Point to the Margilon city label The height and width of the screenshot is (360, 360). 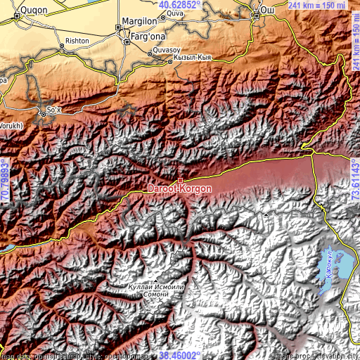point(140,22)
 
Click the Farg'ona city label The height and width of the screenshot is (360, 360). point(148,37)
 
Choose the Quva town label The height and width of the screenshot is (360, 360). point(175,13)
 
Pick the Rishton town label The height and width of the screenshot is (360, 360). point(77,41)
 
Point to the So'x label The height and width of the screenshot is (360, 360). point(53,110)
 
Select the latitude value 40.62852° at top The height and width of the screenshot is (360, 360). point(180,4)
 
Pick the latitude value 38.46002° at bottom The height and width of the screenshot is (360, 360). point(181,355)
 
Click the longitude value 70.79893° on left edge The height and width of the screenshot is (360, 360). point(5,180)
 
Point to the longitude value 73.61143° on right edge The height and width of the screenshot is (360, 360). point(355,180)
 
